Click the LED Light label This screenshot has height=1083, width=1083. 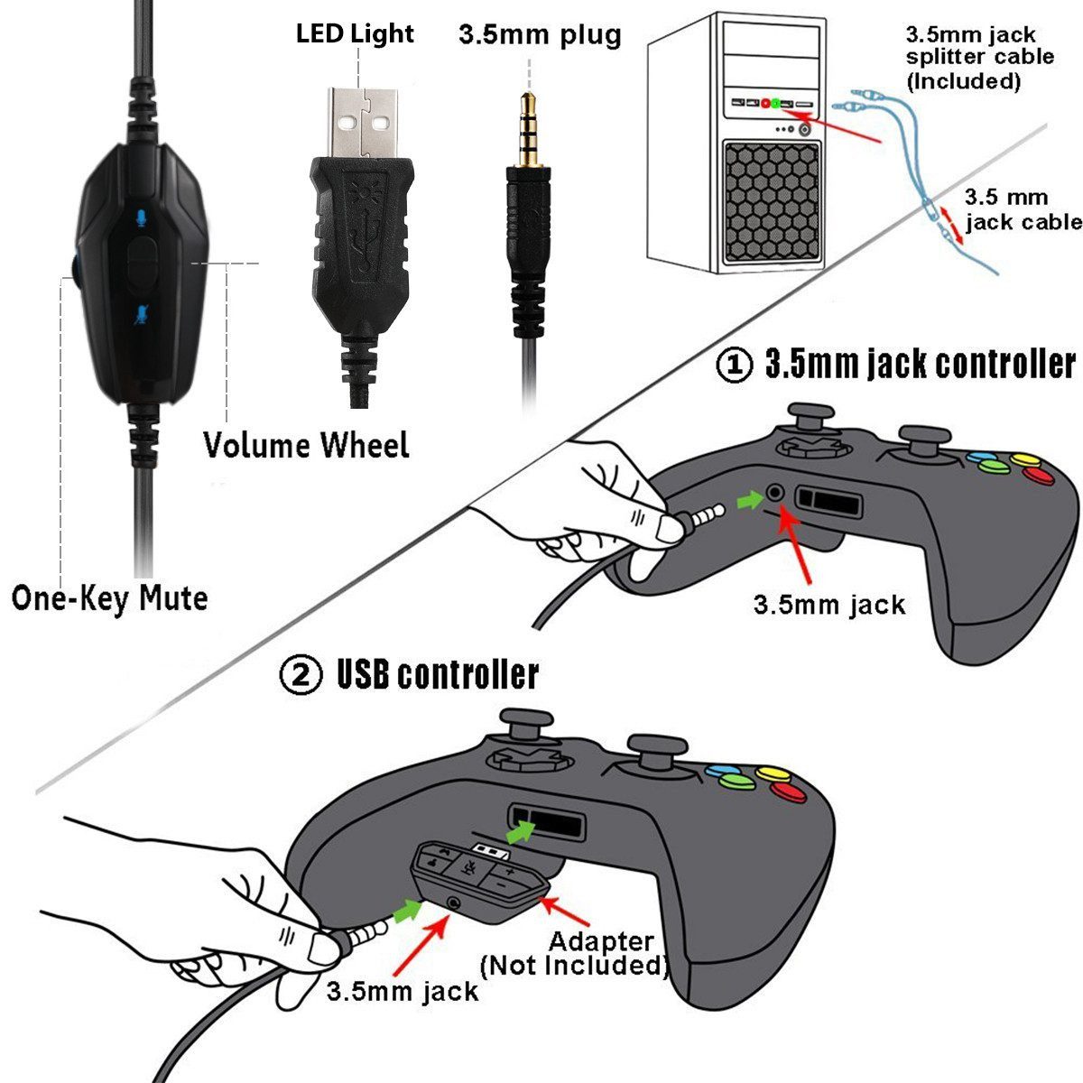355,34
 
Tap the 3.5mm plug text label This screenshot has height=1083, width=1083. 540,35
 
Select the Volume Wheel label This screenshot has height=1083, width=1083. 306,445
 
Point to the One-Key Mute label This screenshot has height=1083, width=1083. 109,598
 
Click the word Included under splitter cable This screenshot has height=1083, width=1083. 963,81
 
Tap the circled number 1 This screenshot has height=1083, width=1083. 735,366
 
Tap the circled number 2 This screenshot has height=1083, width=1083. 301,676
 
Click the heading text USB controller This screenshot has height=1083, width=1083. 438,675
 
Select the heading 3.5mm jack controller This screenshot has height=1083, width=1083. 920,364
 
